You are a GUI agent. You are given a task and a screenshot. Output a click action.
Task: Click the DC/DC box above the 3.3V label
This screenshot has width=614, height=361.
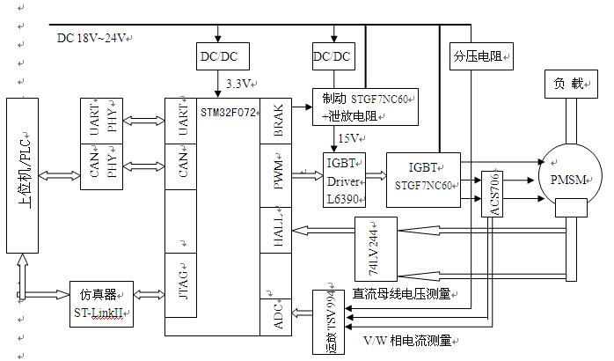pos(223,56)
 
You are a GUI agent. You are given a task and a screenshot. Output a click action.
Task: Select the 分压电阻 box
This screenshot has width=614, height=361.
pos(481,56)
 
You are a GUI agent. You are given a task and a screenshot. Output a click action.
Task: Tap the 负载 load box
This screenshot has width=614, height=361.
pos(571,84)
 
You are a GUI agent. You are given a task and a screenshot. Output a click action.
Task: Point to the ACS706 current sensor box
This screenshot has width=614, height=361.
pos(492,194)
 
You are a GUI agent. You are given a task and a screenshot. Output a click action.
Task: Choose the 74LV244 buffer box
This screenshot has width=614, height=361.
pos(376,249)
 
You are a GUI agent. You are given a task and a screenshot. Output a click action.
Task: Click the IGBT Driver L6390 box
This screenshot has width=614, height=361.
pos(344,180)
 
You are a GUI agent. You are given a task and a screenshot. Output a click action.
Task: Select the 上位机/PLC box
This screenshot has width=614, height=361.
pos(22,175)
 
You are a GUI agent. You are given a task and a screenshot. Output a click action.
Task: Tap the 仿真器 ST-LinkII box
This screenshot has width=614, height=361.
pos(101,304)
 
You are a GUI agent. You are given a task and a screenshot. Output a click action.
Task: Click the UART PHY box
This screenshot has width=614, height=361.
pos(101,121)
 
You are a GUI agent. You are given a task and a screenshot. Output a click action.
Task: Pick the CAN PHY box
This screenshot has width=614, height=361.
pos(101,167)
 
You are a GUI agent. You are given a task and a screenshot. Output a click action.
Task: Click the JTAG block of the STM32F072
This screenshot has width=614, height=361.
pos(180,285)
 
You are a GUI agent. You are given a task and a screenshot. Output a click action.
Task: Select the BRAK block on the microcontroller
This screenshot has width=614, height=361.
pos(275,121)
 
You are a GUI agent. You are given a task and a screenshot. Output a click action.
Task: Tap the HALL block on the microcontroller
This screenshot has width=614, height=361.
pos(275,230)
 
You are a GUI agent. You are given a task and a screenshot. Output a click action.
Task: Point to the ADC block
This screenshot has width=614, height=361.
pos(275,317)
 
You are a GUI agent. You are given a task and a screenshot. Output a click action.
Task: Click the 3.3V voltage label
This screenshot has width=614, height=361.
pos(238,84)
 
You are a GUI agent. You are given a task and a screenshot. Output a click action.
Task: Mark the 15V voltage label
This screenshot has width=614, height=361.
pos(348,138)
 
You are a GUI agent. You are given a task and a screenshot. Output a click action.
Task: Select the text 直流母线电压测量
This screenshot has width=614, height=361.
pos(401,293)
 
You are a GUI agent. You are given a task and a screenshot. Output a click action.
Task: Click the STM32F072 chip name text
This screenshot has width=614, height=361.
pos(228,113)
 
